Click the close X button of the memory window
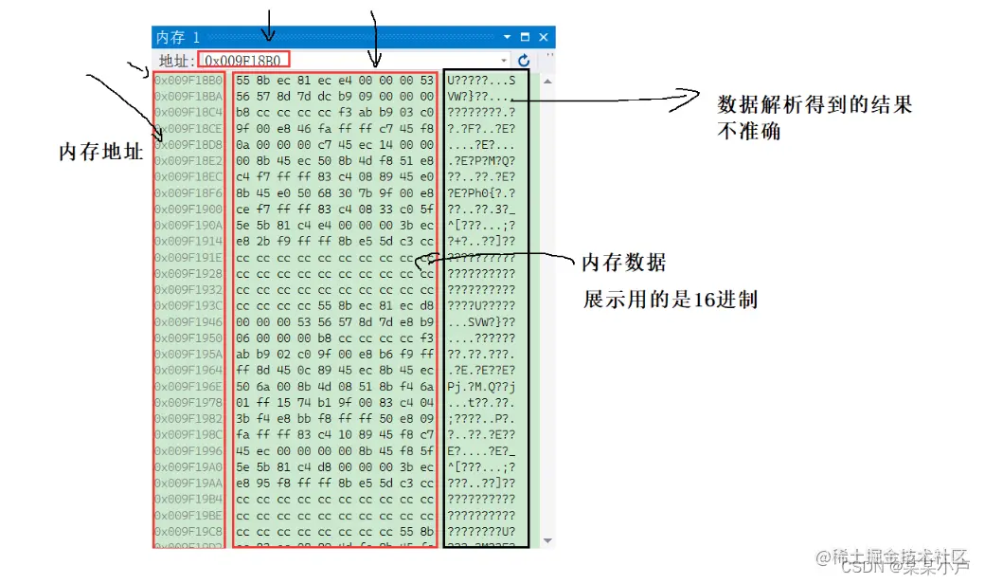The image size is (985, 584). [544, 37]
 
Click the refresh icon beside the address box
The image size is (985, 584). [524, 60]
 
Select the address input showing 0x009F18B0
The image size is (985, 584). [243, 60]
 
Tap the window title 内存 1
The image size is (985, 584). [178, 37]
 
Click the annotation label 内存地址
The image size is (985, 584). [100, 152]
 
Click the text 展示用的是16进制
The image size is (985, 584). [670, 300]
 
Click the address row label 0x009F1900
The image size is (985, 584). [188, 209]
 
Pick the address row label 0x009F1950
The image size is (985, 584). [188, 338]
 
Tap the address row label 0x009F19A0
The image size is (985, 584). [188, 466]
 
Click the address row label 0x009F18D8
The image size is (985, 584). [188, 144]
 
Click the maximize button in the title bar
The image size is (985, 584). [526, 37]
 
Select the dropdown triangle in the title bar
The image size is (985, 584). [508, 37]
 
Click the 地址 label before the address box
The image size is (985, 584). [174, 60]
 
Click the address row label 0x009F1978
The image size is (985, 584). [188, 402]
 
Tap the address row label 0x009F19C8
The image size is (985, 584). [188, 531]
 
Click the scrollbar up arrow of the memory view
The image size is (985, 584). [547, 80]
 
